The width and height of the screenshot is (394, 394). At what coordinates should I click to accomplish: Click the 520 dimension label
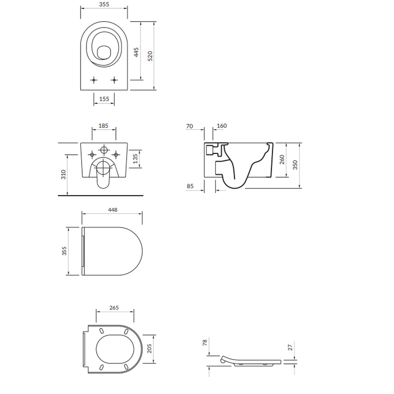pyautogui.click(x=150, y=56)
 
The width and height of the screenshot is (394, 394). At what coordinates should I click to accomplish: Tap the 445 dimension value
pyautogui.click(x=136, y=52)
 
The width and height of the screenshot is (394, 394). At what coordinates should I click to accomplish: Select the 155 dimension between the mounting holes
pyautogui.click(x=104, y=99)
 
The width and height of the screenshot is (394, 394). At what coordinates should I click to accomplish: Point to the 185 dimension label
pyautogui.click(x=103, y=125)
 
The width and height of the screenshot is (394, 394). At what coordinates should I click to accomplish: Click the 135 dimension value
pyautogui.click(x=135, y=158)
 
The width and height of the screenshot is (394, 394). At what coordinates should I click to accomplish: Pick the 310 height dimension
pyautogui.click(x=63, y=175)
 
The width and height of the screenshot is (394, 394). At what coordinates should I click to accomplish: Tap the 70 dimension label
pyautogui.click(x=190, y=126)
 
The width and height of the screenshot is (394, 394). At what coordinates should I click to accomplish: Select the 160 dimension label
pyautogui.click(x=221, y=126)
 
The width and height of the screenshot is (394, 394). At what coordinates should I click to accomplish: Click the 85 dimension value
pyautogui.click(x=190, y=186)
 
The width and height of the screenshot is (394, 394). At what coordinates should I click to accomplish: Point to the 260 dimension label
pyautogui.click(x=282, y=160)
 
